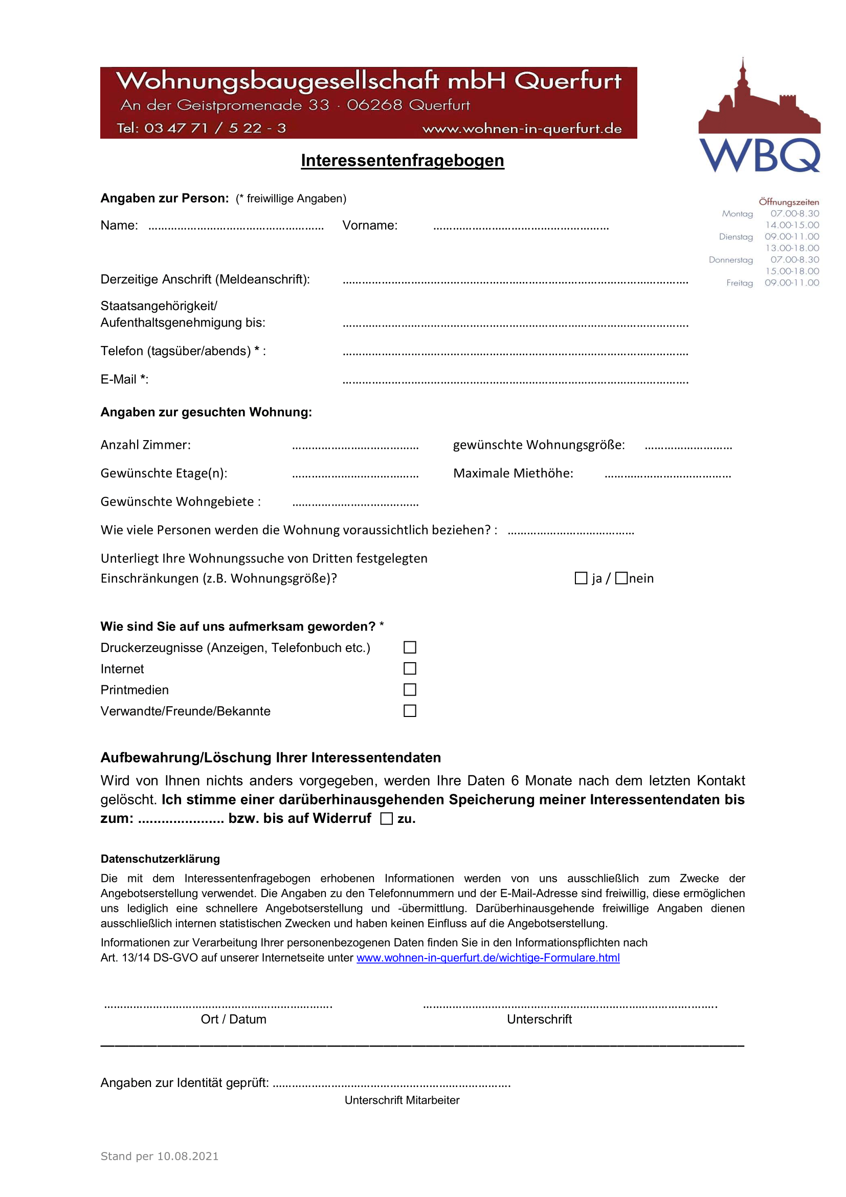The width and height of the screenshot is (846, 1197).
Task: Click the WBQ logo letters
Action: click(759, 156)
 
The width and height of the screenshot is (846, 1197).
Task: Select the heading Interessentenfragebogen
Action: click(402, 161)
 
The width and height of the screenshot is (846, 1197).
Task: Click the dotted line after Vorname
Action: click(520, 227)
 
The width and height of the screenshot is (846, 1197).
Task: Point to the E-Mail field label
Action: click(124, 380)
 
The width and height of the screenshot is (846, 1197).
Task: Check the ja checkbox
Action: click(581, 578)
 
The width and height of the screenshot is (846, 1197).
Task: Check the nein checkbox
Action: click(621, 578)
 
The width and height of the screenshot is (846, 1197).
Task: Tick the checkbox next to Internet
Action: click(410, 668)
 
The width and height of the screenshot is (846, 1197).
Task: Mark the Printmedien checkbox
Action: click(410, 690)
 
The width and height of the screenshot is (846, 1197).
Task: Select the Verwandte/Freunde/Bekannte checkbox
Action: click(410, 711)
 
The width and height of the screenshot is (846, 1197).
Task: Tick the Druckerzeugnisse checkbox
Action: click(410, 647)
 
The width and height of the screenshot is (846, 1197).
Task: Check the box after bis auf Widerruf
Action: click(387, 818)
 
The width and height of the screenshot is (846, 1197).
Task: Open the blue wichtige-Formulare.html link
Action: click(487, 957)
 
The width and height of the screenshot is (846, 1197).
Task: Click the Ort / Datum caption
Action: click(233, 1019)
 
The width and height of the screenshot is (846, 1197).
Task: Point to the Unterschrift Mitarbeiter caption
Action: click(402, 1100)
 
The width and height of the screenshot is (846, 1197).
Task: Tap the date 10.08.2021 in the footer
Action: click(188, 1157)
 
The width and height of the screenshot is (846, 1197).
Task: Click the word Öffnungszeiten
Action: click(788, 202)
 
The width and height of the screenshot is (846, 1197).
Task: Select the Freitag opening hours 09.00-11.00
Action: click(791, 283)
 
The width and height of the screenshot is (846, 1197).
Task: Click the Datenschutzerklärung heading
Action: click(160, 859)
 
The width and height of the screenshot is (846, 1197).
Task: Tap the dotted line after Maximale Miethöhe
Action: click(667, 475)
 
